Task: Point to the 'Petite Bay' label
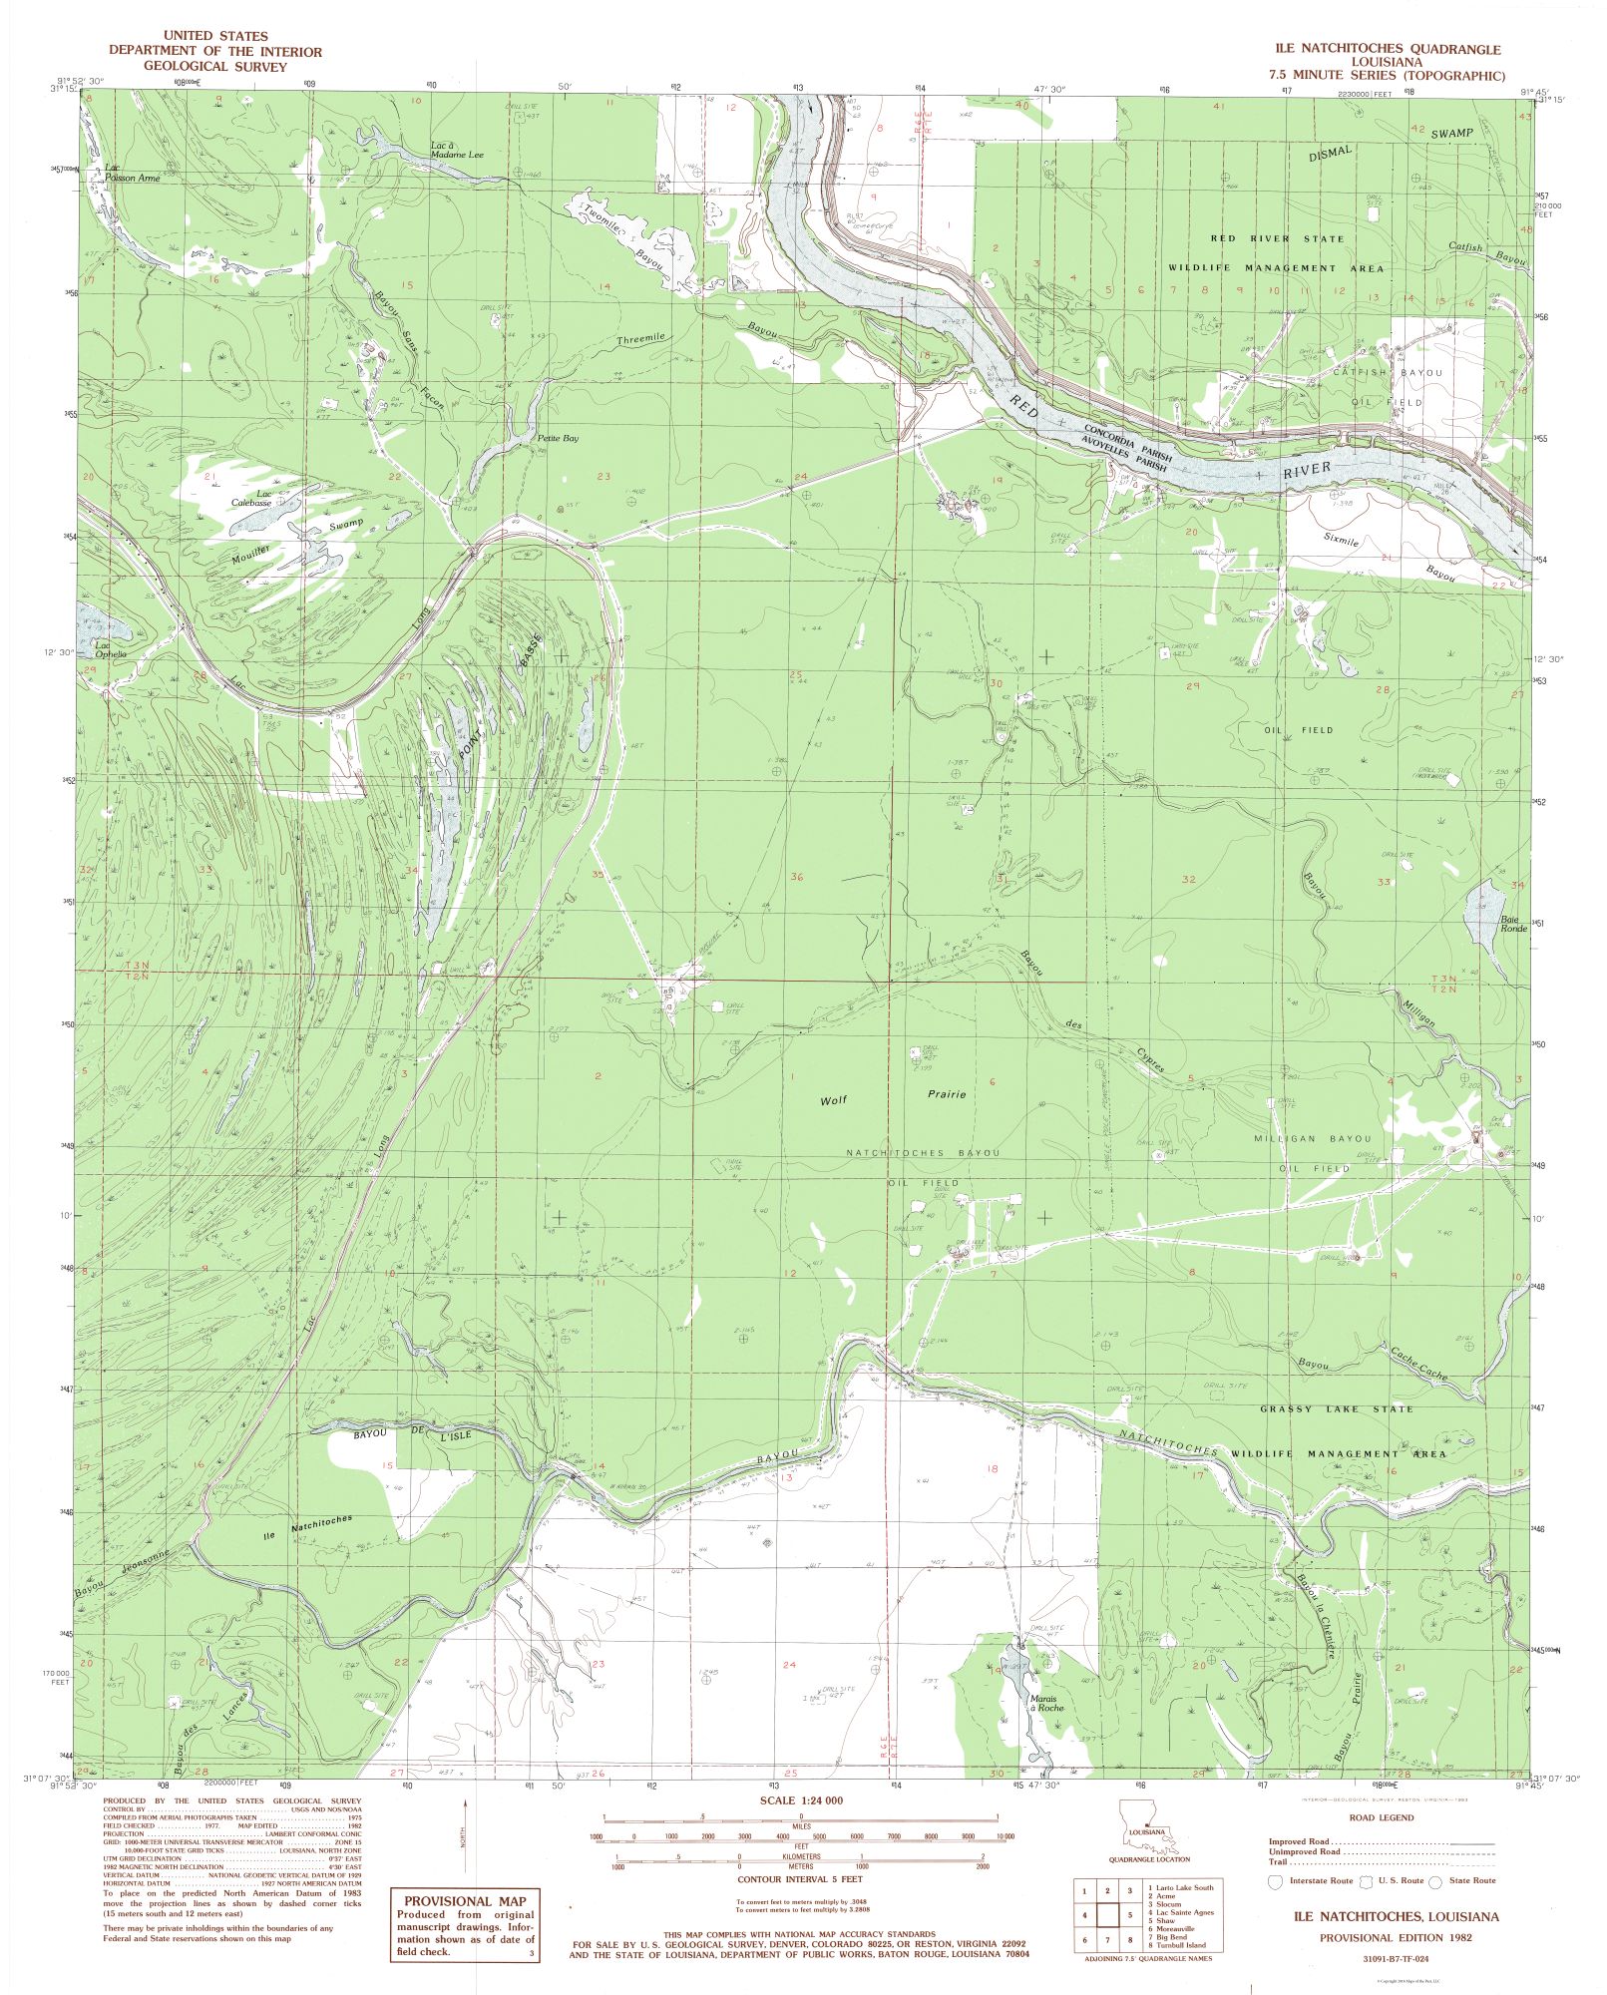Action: pyautogui.click(x=558, y=438)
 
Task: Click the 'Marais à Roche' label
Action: pyautogui.click(x=1044, y=1702)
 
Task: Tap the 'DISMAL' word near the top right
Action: pyautogui.click(x=1331, y=153)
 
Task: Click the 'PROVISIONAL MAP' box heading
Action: pyautogui.click(x=464, y=1901)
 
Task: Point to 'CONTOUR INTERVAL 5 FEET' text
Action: pyautogui.click(x=800, y=1878)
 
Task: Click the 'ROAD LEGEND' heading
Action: pyautogui.click(x=1381, y=1817)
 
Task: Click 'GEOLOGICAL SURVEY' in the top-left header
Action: pyautogui.click(x=215, y=67)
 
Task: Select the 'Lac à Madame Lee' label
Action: pyautogui.click(x=456, y=150)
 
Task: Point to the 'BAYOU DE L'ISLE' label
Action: pyautogui.click(x=411, y=1434)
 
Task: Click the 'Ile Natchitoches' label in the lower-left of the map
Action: pyautogui.click(x=307, y=1525)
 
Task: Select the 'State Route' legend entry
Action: pyautogui.click(x=1471, y=1880)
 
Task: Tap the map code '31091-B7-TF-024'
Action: pyautogui.click(x=1395, y=1958)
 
